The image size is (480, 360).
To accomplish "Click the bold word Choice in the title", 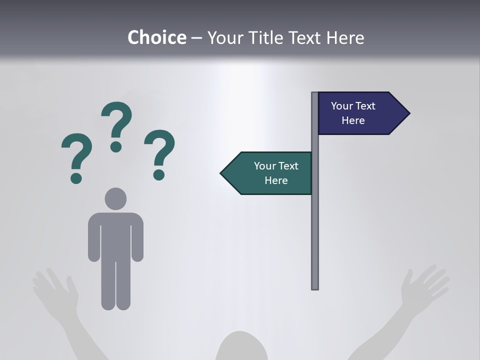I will pos(156,37).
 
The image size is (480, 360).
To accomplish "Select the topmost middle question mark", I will pos(116,125).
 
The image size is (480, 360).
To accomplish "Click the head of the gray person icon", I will pos(115,198).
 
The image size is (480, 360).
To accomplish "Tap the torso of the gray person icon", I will pos(115,235).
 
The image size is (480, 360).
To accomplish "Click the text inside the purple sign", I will pos(353,113).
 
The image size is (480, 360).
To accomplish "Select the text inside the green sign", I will pos(276,173).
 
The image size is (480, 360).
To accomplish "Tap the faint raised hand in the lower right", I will pos(425,287).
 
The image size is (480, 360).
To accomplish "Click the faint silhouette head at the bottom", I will pos(241,347).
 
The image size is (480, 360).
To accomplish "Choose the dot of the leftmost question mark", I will pos(76,178).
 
